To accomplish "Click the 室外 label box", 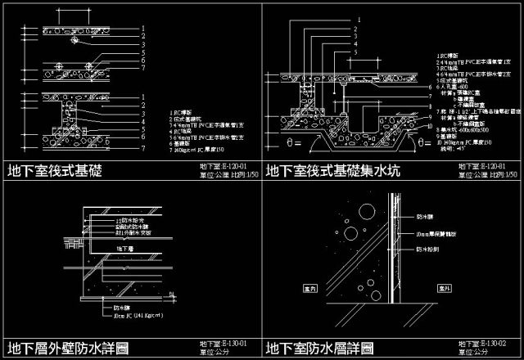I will (x=445, y=289).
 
